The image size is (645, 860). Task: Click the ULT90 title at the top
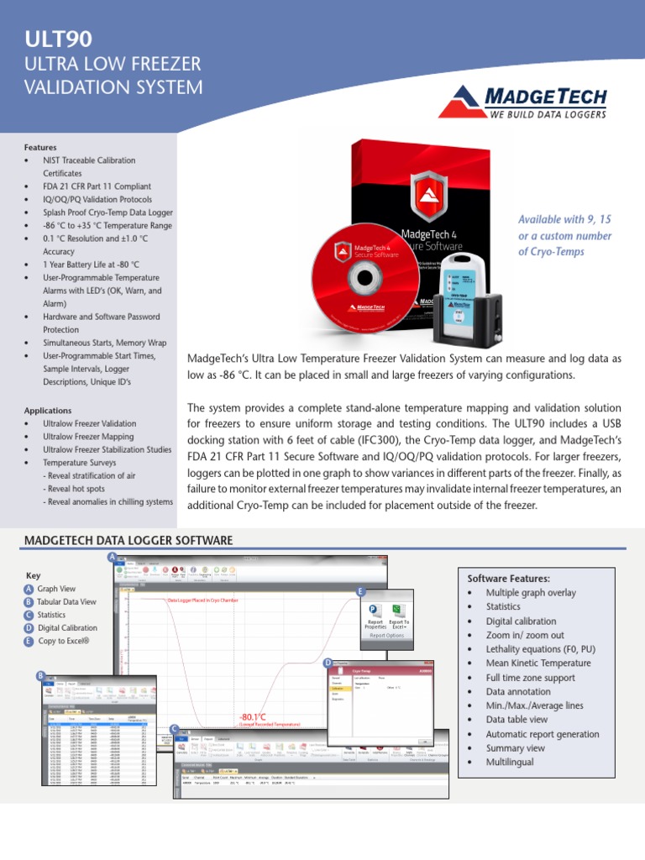(x=58, y=39)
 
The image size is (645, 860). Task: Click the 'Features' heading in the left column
(x=41, y=147)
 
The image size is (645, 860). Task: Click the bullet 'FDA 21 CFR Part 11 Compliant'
(x=97, y=186)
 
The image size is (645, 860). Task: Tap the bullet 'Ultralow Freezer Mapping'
(x=88, y=437)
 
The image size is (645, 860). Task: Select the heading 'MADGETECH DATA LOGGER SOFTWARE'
(x=128, y=539)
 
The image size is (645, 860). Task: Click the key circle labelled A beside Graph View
(x=29, y=590)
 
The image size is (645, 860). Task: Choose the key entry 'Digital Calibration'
(x=67, y=627)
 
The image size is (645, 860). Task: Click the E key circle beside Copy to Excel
(x=29, y=641)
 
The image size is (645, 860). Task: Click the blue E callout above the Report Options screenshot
(x=360, y=592)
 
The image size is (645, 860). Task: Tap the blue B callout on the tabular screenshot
(x=39, y=676)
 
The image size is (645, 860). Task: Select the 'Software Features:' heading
(x=508, y=579)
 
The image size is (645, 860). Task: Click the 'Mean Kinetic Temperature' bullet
(x=538, y=663)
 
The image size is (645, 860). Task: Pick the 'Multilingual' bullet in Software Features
(x=509, y=763)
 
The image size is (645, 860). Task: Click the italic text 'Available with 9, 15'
(x=564, y=219)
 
